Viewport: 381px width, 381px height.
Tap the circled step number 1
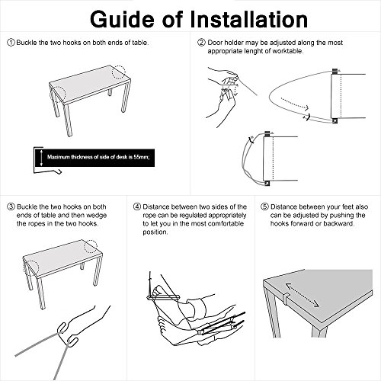click(x=11, y=43)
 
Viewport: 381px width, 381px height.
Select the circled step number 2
click(x=201, y=43)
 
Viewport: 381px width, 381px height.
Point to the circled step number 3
click(x=11, y=207)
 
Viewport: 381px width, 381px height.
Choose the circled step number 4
click(x=137, y=207)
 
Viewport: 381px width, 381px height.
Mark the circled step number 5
click(x=264, y=207)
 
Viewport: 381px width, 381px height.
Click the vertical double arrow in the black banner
click(x=41, y=158)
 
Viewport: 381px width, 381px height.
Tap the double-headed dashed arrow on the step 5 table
click(x=303, y=296)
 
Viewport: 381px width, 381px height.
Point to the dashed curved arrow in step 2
click(x=295, y=104)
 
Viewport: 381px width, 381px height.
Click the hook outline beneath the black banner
click(x=48, y=172)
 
